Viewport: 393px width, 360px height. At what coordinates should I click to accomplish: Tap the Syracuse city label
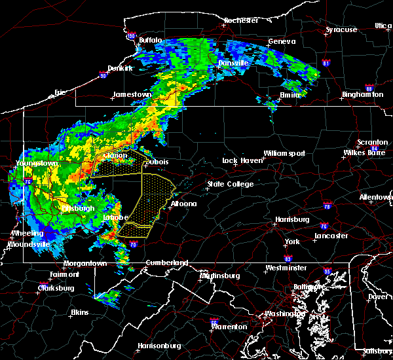[x=341, y=29]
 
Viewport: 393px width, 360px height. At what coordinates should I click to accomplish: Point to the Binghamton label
[x=362, y=95]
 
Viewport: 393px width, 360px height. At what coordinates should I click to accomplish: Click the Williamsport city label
[x=284, y=153]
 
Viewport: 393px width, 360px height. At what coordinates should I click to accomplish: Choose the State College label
[x=231, y=185]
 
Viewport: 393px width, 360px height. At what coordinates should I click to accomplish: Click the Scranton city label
[x=372, y=142]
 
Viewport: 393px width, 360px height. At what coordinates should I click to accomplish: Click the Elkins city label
[x=80, y=312]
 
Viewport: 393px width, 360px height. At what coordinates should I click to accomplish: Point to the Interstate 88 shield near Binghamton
[x=369, y=88]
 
